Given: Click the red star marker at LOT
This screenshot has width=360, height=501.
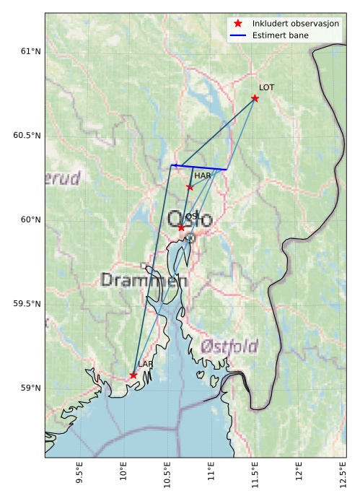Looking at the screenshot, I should [x=255, y=98].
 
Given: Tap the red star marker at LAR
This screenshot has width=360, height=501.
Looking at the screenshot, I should [x=133, y=375].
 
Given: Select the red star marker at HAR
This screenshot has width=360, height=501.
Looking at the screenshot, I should [x=190, y=187].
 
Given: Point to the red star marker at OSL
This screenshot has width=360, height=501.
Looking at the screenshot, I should [x=181, y=227].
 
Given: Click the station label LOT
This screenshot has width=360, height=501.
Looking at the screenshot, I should [x=266, y=87].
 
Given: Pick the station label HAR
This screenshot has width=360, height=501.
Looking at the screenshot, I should [x=202, y=175].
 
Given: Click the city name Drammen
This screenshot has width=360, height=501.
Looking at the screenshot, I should [x=144, y=280].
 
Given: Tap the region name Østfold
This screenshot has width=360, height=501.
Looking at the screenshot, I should [x=230, y=346].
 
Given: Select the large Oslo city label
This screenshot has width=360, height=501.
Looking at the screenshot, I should [x=190, y=218].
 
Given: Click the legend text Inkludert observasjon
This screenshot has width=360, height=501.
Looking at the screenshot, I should [x=295, y=24].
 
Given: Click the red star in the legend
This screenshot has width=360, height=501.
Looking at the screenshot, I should [x=238, y=24].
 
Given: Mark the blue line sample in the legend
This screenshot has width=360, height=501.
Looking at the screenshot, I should [x=238, y=35].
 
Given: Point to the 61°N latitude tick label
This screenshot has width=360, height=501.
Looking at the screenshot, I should [x=30, y=51].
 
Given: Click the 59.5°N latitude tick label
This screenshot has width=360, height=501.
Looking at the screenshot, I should [x=27, y=304].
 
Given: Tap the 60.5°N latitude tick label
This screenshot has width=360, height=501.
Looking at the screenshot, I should [x=27, y=136].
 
